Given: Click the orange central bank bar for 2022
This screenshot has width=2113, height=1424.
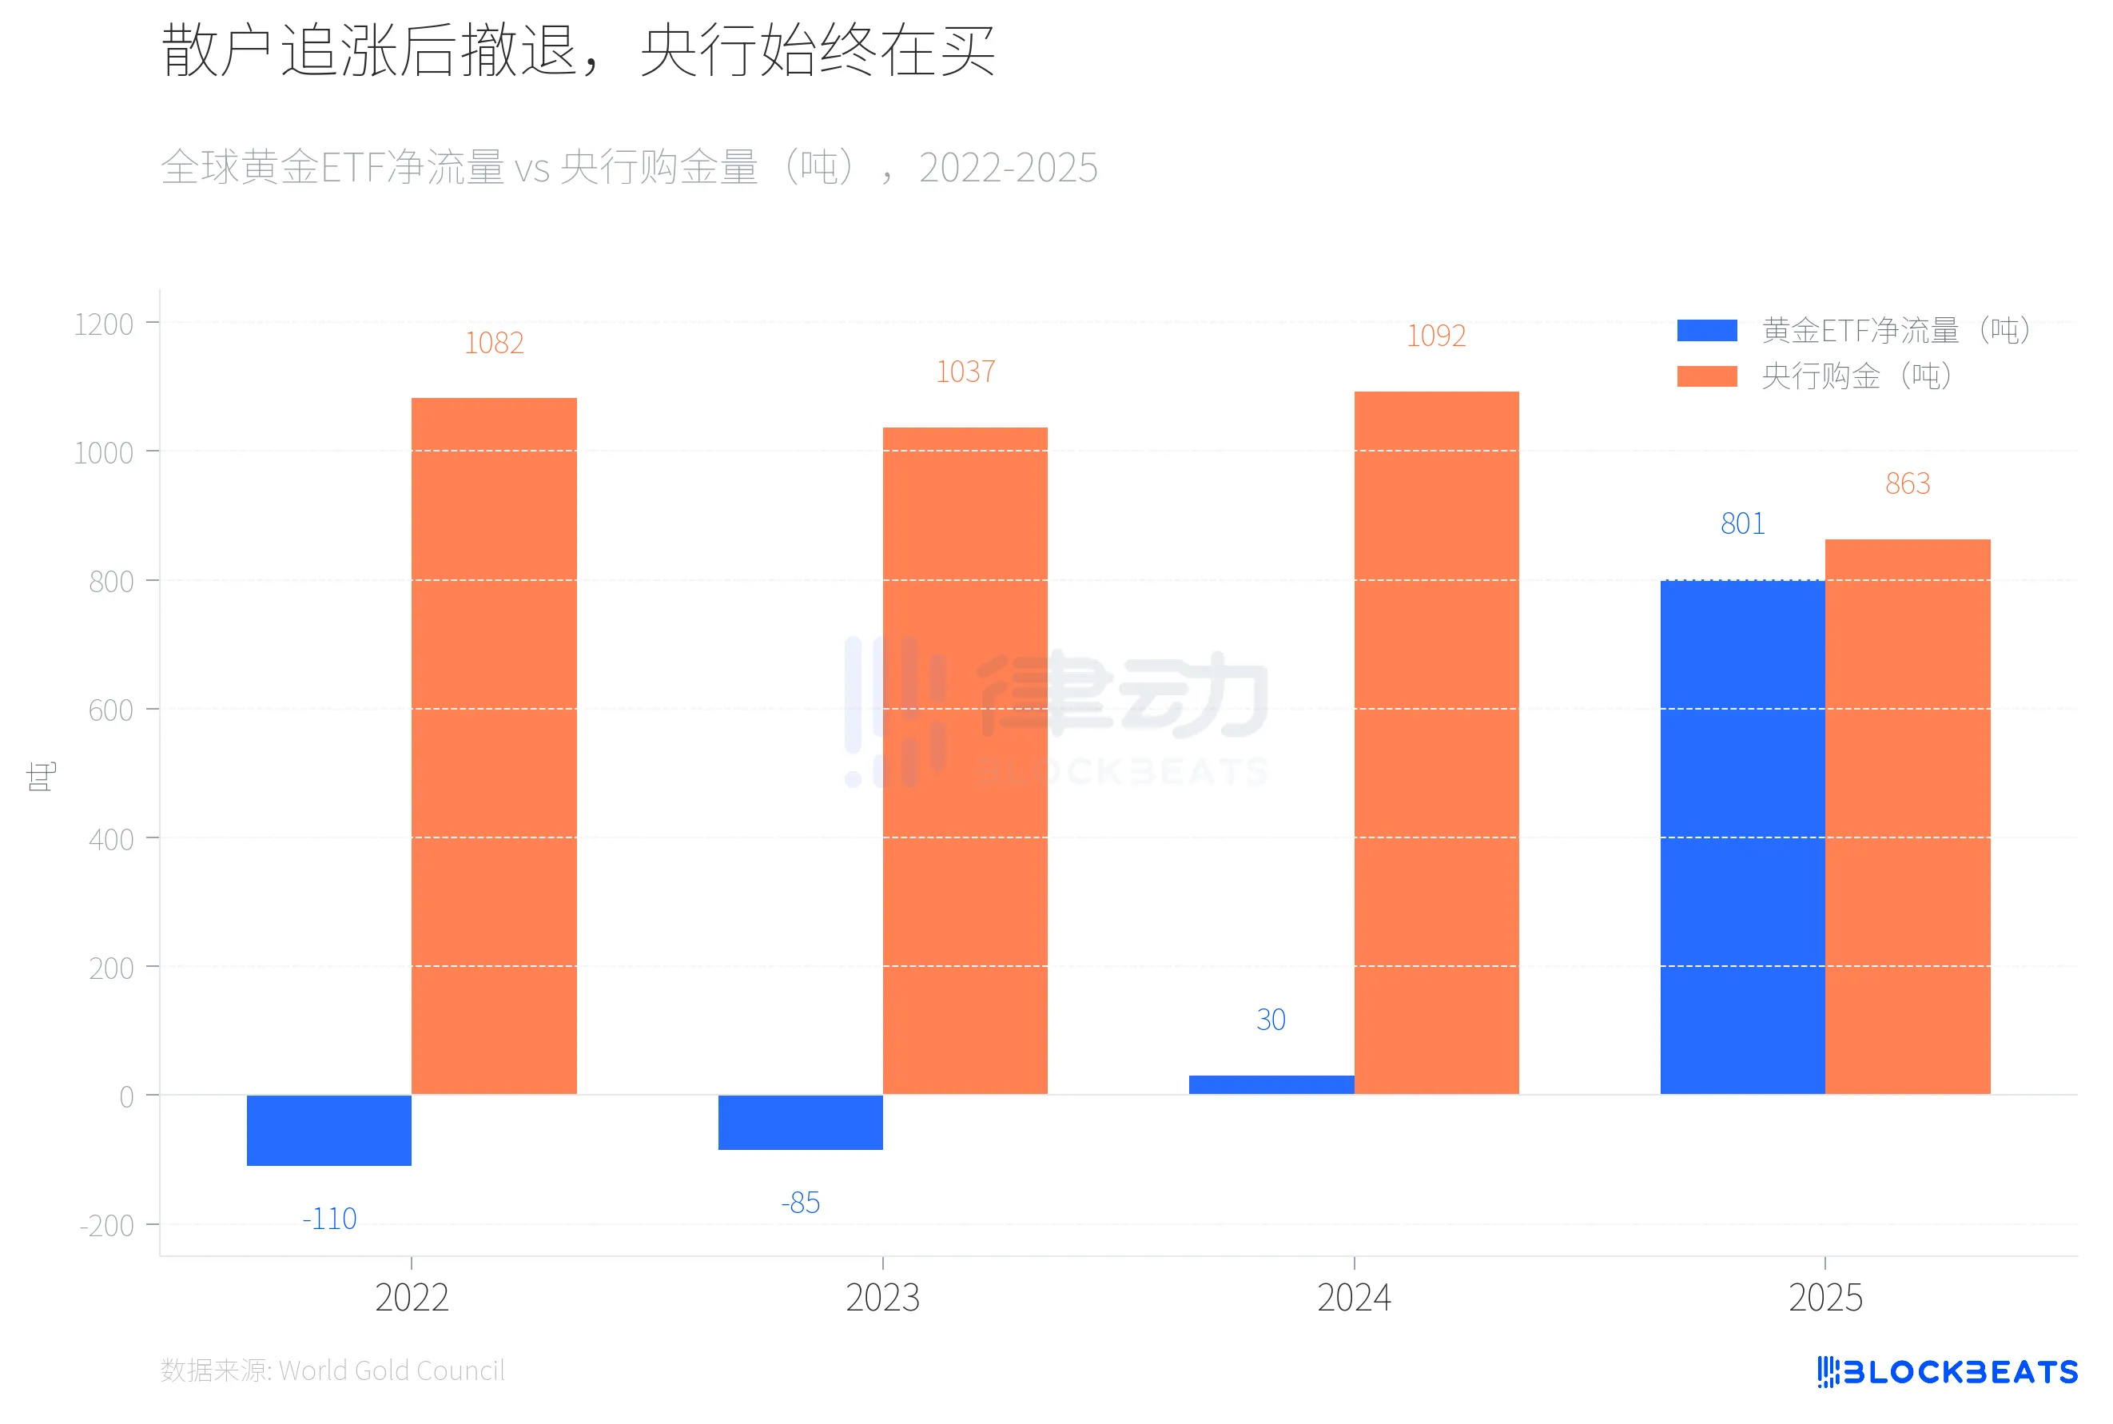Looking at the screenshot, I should [493, 745].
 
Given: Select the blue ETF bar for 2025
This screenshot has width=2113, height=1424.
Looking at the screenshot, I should [1741, 837].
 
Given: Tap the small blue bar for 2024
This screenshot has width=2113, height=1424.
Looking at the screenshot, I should [1271, 1084].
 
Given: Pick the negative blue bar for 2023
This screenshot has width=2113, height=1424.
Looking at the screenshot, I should [799, 1122].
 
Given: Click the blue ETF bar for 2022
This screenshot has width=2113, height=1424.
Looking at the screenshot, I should [328, 1130].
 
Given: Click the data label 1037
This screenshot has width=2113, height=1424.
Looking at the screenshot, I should [965, 372].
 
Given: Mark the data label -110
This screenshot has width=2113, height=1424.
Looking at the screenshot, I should [328, 1219].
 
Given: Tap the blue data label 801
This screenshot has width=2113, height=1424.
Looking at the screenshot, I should [1741, 524].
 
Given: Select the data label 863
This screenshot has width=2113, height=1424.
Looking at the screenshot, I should [1907, 484].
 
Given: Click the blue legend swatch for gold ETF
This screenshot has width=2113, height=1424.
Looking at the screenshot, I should [1706, 331].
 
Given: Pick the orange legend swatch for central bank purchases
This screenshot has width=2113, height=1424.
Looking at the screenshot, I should [1706, 376].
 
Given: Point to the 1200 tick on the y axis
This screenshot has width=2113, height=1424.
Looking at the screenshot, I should [104, 324].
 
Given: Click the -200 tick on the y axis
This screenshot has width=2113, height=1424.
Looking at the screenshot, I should [106, 1226].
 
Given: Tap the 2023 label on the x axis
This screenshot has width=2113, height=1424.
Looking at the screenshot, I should [881, 1298].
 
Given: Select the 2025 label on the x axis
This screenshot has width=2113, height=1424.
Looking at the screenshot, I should [1825, 1298].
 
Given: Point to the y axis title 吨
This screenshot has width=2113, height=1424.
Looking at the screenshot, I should [41, 777].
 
